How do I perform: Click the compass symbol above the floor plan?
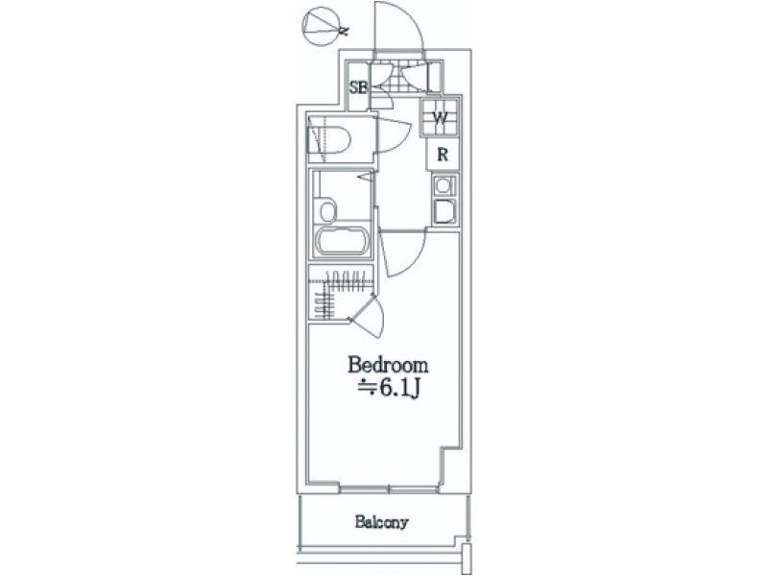tap(322, 27)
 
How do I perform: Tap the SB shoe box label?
tap(358, 87)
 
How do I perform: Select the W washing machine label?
tap(441, 117)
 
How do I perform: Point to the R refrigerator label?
tap(443, 155)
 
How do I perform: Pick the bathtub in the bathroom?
tap(341, 241)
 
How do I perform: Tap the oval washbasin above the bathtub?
tap(327, 210)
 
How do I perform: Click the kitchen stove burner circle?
tap(444, 186)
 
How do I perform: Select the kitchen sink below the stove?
tap(444, 211)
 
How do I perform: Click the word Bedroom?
tap(388, 365)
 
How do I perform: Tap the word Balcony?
tap(381, 522)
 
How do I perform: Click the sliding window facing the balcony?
tap(389, 489)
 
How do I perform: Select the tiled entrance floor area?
tap(394, 78)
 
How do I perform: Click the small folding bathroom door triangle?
tap(367, 177)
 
